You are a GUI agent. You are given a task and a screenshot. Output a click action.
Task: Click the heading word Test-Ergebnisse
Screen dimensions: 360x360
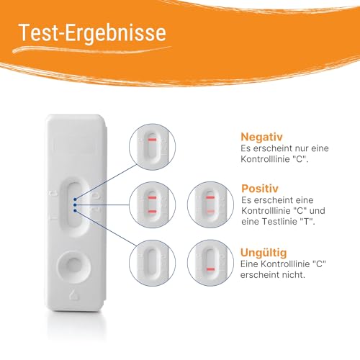(x=93, y=32)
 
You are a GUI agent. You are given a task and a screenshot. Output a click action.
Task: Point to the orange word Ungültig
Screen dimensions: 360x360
(x=264, y=253)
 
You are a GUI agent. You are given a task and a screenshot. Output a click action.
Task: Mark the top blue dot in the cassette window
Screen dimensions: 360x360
(x=74, y=195)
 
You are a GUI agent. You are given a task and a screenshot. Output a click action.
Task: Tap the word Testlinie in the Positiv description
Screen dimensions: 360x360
(x=287, y=221)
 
